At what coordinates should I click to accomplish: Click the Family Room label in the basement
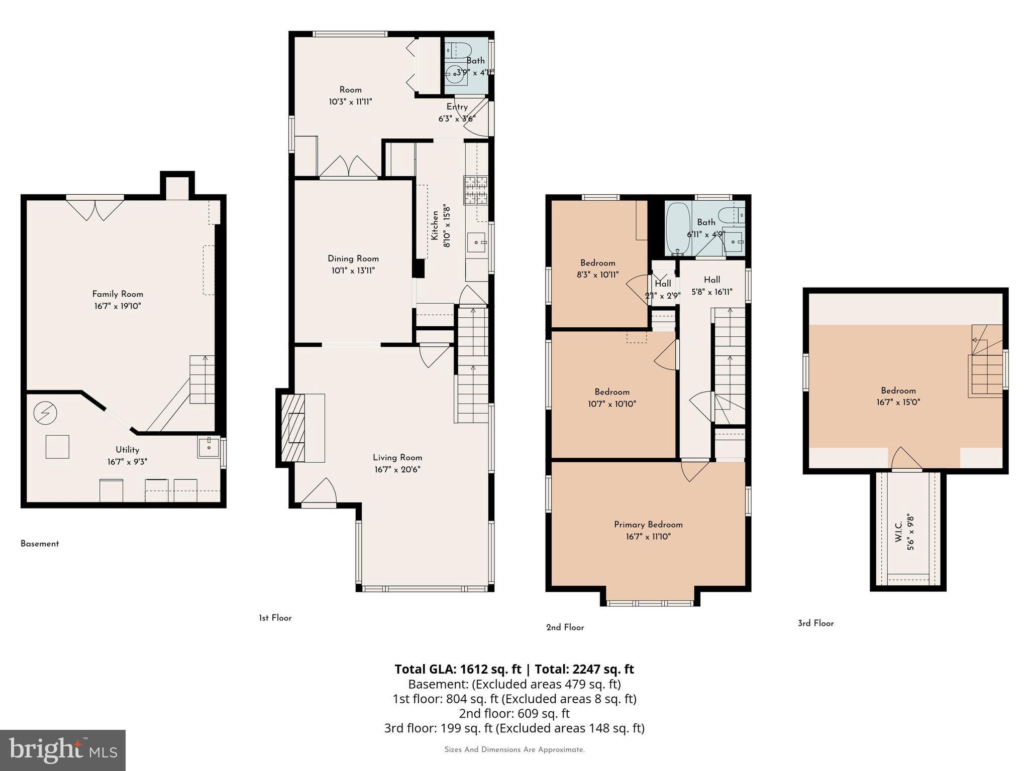pyautogui.click(x=118, y=294)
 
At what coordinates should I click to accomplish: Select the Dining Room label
pyautogui.click(x=353, y=259)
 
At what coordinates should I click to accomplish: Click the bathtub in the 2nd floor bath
pyautogui.click(x=678, y=228)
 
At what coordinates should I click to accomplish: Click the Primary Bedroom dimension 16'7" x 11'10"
pyautogui.click(x=648, y=537)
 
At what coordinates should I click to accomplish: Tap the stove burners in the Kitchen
pyautogui.click(x=475, y=190)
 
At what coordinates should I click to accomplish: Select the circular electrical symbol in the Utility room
pyautogui.click(x=45, y=413)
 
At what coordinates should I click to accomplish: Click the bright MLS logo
pyautogui.click(x=63, y=750)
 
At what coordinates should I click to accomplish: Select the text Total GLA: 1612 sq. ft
pyautogui.click(x=458, y=669)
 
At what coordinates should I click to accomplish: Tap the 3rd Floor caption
pyautogui.click(x=815, y=623)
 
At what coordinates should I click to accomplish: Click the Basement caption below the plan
pyautogui.click(x=40, y=544)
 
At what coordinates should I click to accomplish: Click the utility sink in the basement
pyautogui.click(x=209, y=446)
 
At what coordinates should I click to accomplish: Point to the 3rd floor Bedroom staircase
pyautogui.click(x=986, y=361)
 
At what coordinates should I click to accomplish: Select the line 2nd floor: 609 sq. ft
pyautogui.click(x=514, y=713)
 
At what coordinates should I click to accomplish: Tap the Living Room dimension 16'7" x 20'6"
pyautogui.click(x=397, y=470)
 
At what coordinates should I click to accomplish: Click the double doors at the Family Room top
pyautogui.click(x=95, y=209)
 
